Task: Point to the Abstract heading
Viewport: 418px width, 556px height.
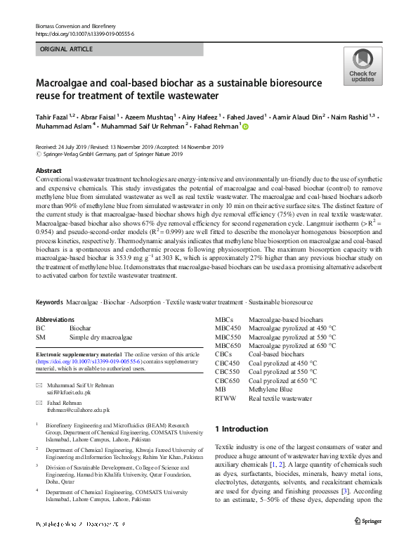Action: [48, 171]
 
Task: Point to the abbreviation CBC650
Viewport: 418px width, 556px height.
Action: [227, 380]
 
